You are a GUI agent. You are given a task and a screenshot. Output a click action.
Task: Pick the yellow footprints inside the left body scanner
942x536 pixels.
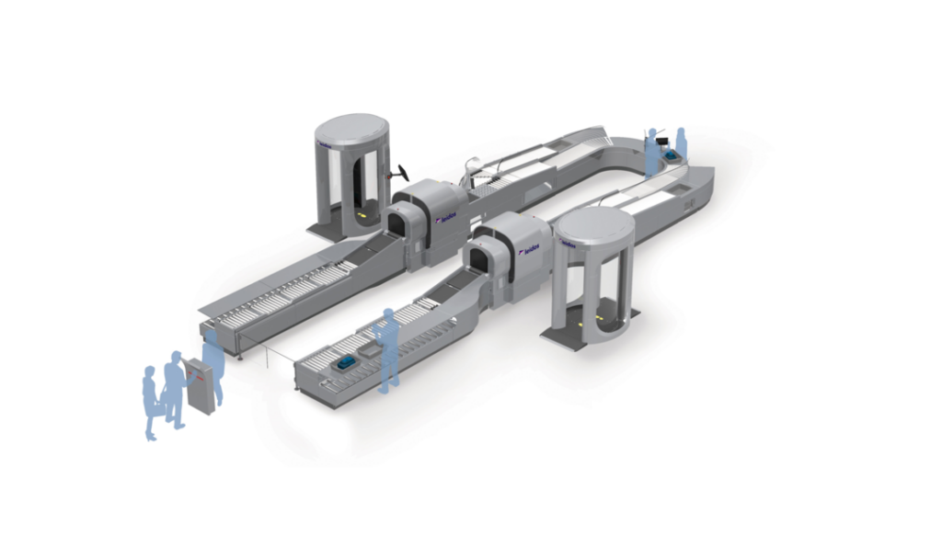362,215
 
